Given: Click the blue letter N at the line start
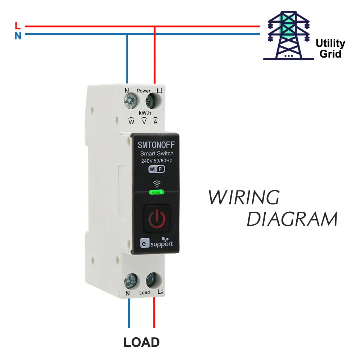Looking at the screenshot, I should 18,36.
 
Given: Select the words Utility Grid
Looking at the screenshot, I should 330,49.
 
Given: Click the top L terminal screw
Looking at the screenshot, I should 153,100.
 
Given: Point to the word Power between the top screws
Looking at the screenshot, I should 144,91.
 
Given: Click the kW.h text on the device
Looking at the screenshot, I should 145,113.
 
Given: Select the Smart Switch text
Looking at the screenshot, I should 157,154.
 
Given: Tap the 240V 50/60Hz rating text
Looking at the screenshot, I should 156,161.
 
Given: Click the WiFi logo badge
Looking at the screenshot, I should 157,169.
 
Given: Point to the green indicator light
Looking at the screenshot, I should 157,192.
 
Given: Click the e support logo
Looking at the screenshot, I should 157,243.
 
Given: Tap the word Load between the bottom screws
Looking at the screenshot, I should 144,293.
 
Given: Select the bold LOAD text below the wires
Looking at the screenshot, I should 141,342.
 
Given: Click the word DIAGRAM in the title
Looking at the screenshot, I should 292,219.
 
